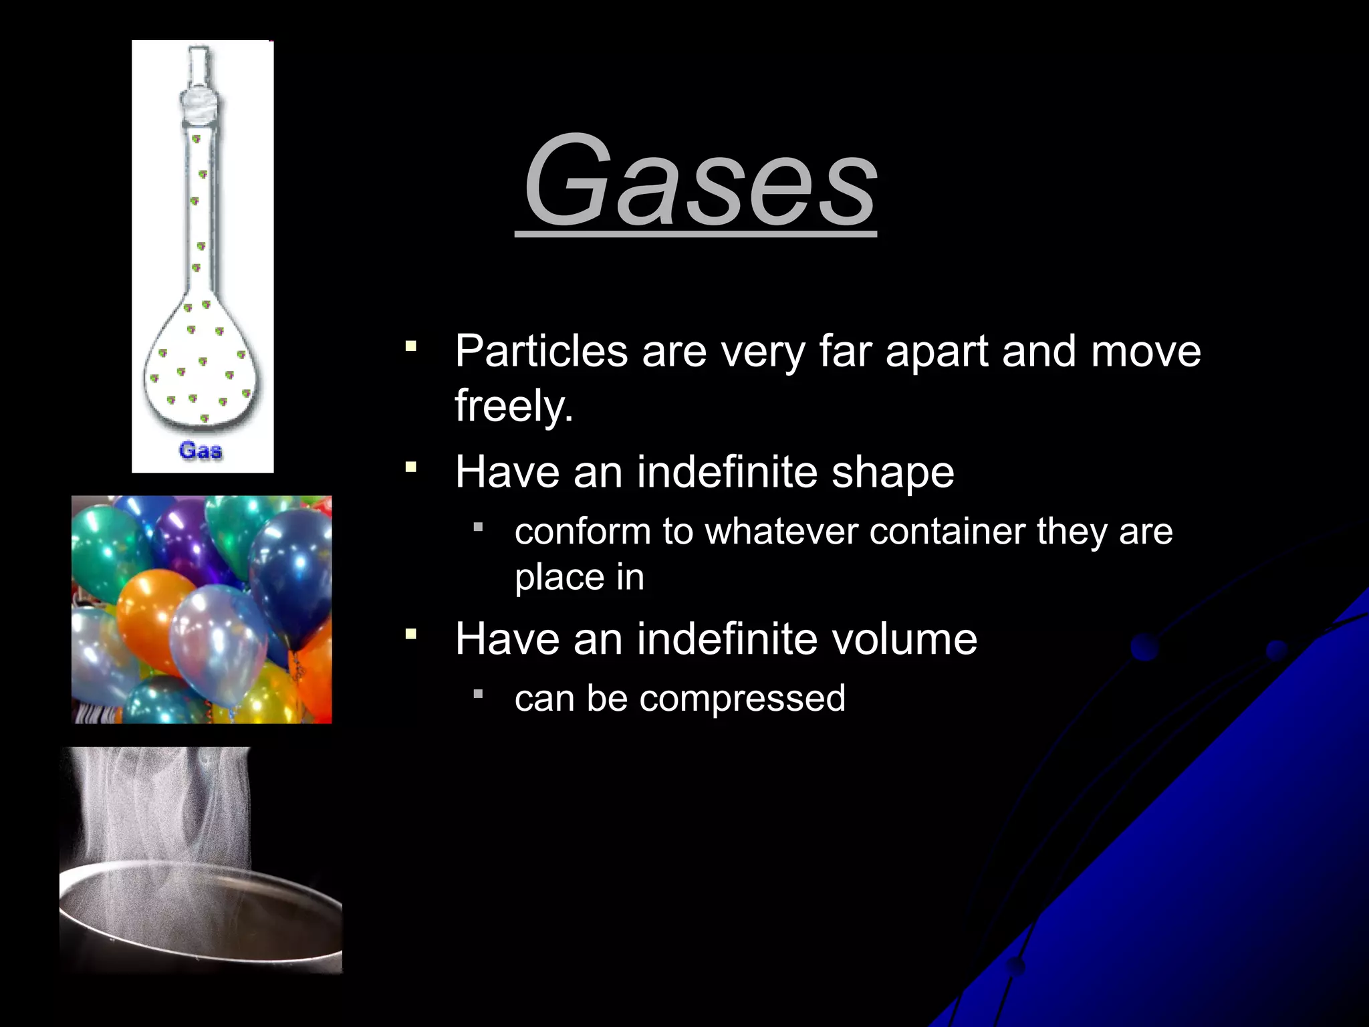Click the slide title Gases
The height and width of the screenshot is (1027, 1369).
699,181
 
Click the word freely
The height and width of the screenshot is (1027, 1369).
513,405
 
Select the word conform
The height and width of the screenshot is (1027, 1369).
582,532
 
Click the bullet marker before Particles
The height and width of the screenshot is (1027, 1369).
410,346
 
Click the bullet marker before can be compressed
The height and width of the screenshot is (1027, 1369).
477,694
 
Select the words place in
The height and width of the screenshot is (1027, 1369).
579,577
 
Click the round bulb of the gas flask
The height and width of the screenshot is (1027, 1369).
201,374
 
